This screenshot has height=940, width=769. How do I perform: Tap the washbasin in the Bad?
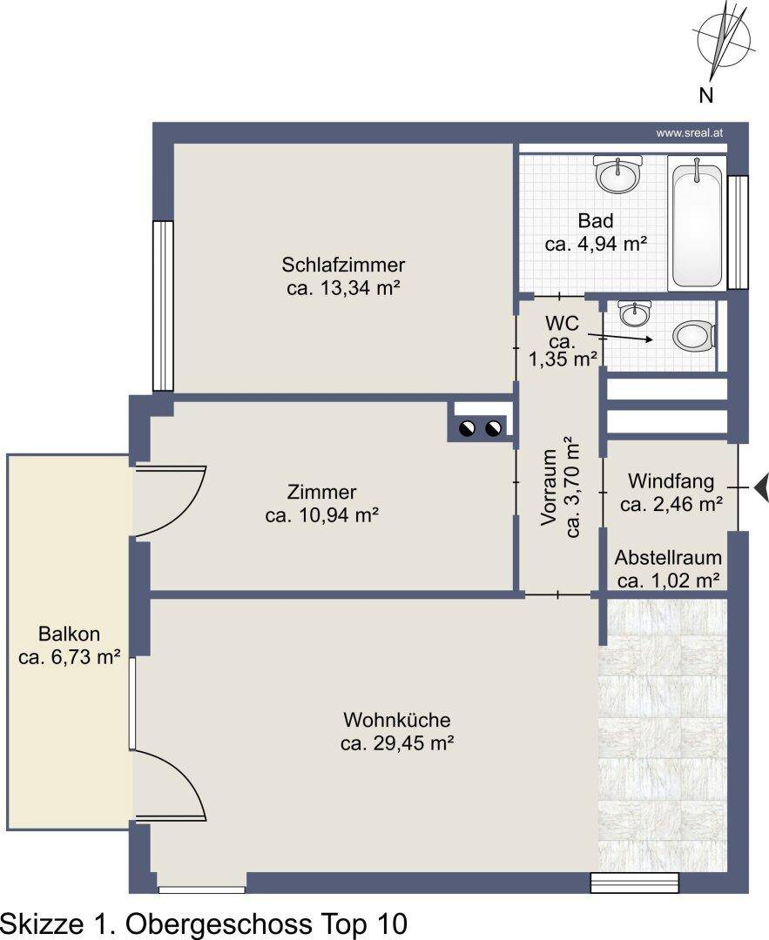pyautogui.click(x=617, y=174)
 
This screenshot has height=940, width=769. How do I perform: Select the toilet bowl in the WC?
pyautogui.click(x=694, y=337)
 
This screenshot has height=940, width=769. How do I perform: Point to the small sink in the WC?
pyautogui.click(x=634, y=313)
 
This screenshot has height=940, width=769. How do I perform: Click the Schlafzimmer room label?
pyautogui.click(x=343, y=265)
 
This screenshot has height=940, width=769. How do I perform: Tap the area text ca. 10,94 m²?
pyautogui.click(x=321, y=515)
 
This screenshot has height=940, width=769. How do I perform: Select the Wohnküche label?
pyautogui.click(x=396, y=720)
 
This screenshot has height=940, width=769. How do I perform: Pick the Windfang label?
pyautogui.click(x=671, y=480)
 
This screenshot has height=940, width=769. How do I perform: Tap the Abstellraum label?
pyautogui.click(x=668, y=558)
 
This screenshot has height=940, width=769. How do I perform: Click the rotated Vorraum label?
pyautogui.click(x=549, y=488)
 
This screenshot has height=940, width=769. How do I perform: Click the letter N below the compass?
pyautogui.click(x=706, y=95)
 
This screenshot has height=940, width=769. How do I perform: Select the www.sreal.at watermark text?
pyautogui.click(x=689, y=133)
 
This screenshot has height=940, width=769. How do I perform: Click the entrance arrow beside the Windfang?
pyautogui.click(x=762, y=487)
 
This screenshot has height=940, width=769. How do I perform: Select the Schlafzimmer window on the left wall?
pyautogui.click(x=163, y=305)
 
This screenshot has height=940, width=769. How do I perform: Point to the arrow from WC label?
pyautogui.click(x=620, y=338)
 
